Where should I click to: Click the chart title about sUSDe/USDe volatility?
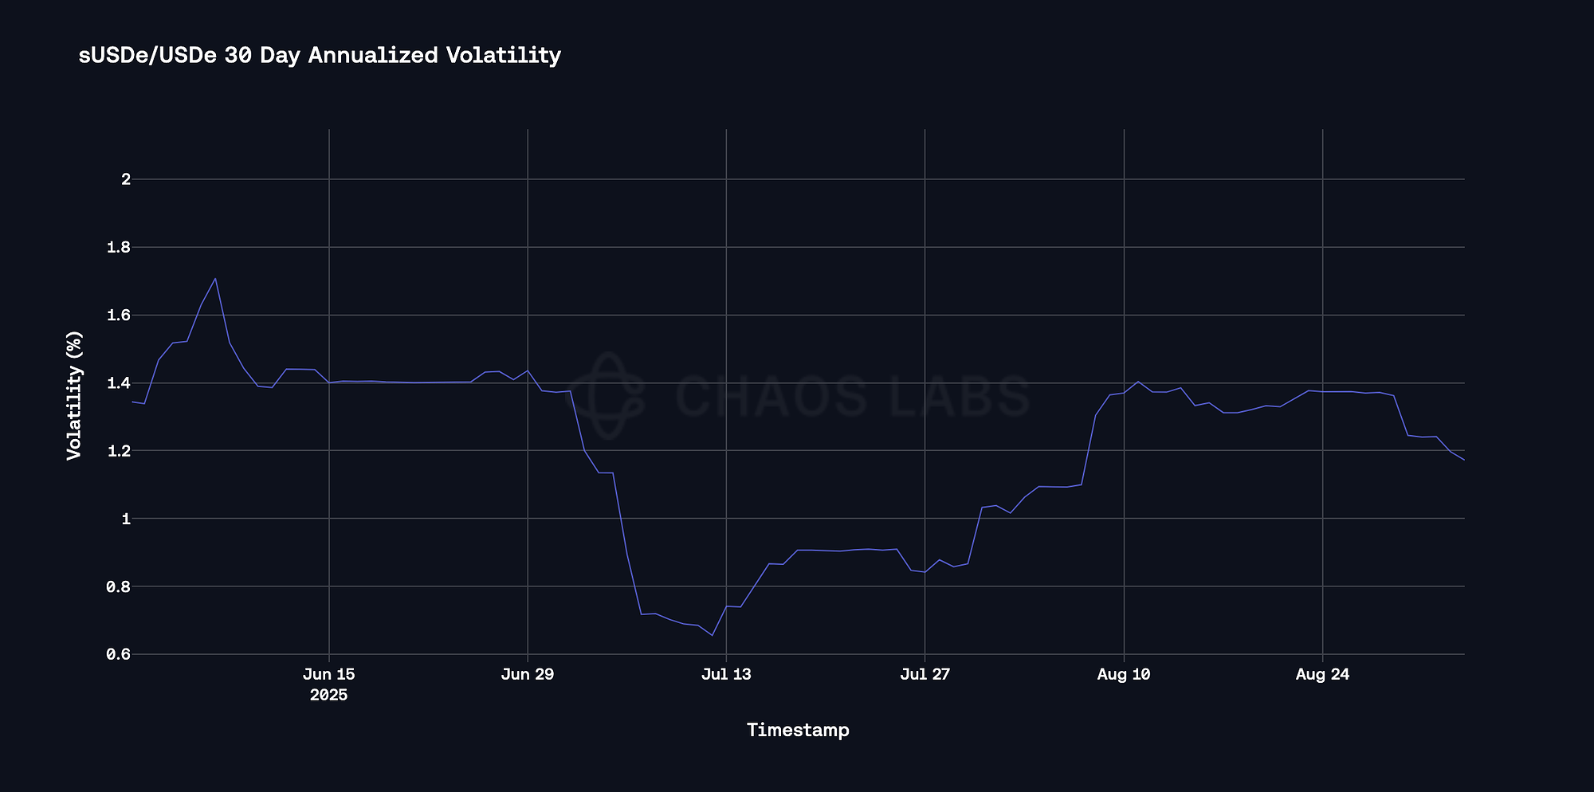pos(320,55)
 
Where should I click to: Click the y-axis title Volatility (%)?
pos(74,395)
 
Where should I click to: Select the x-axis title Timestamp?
pos(798,730)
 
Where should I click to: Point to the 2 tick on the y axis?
pos(125,179)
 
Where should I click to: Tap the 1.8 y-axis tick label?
pos(119,247)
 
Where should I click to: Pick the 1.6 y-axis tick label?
pos(119,316)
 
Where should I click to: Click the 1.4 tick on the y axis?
pos(119,383)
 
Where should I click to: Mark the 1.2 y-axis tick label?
pos(119,451)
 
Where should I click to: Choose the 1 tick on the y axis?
pos(125,519)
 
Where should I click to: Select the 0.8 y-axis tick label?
pos(119,587)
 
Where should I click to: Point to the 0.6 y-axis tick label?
pos(119,655)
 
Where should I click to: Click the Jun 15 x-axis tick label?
pos(329,675)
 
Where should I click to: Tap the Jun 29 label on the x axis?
pos(528,675)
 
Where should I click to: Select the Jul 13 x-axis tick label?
pos(726,675)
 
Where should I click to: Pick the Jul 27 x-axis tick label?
pos(925,675)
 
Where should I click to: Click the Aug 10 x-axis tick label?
pos(1124,675)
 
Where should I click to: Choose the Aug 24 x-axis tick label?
pos(1322,675)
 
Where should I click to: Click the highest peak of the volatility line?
pos(215,278)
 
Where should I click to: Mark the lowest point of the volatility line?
pos(712,635)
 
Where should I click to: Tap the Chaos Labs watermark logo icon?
pos(611,396)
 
